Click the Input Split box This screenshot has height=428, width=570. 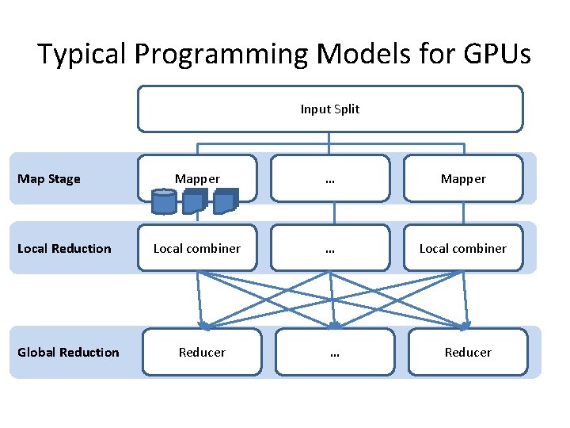[x=330, y=109]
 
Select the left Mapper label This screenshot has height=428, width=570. [x=197, y=179]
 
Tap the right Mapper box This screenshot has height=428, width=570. [x=463, y=179]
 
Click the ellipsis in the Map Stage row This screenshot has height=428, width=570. [x=330, y=179]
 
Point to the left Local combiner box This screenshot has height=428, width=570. [x=197, y=248]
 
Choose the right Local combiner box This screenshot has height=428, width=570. [x=463, y=248]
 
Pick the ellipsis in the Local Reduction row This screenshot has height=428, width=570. [x=330, y=248]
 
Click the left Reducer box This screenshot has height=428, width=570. [x=202, y=352]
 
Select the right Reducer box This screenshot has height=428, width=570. [x=468, y=352]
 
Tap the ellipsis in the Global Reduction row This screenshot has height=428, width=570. [x=334, y=352]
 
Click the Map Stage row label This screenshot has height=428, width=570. [x=49, y=179]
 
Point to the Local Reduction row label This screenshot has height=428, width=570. [x=64, y=249]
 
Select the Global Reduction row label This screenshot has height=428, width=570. [x=68, y=352]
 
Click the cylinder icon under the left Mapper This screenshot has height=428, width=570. [x=164, y=201]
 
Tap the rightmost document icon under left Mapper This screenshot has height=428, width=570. [x=226, y=201]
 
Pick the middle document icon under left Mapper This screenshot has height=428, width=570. [x=195, y=201]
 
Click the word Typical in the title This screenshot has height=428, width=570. [x=82, y=55]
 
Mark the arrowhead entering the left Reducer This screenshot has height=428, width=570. [x=203, y=325]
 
